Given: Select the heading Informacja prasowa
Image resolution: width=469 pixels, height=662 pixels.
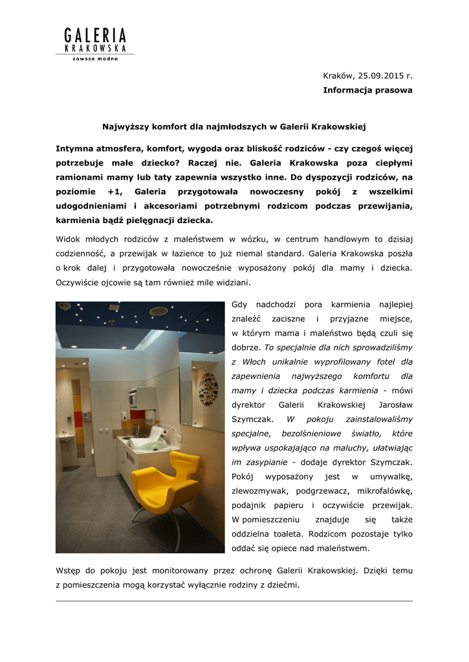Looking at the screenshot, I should (x=367, y=91).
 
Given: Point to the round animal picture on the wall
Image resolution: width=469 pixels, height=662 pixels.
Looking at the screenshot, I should (x=208, y=389).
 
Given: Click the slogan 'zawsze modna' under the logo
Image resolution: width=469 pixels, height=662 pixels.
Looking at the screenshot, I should (x=94, y=59).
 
